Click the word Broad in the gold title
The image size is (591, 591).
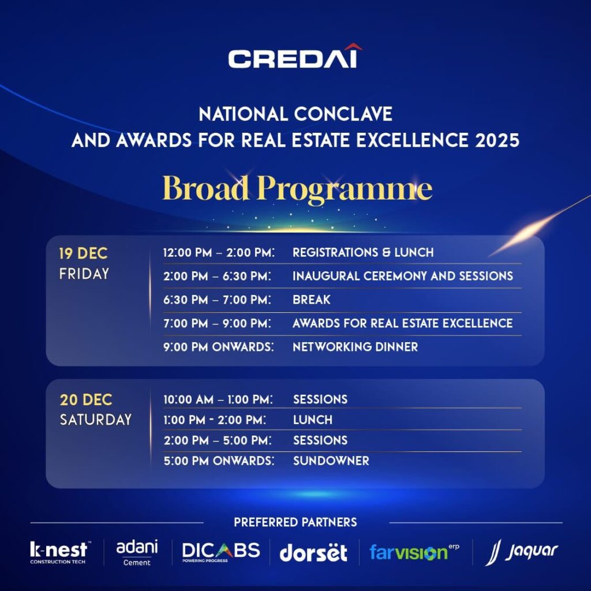coord(206,188)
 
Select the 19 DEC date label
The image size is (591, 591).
coord(83,253)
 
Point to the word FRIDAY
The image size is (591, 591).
coord(84,274)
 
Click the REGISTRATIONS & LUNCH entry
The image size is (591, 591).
coord(363,252)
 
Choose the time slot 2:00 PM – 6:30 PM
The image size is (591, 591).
coord(217,276)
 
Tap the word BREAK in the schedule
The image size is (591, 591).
coord(311,300)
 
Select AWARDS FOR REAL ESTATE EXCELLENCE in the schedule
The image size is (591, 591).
coord(402,323)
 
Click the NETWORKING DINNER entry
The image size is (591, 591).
coord(355,347)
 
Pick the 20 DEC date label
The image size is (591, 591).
coord(86,400)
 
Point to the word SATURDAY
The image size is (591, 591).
coord(96,420)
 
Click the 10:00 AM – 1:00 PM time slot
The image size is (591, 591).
coord(218,399)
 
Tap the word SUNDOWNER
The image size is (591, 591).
coord(331,461)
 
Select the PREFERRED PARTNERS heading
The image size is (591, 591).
coord(295,522)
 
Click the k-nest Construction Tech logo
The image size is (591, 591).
coord(60,552)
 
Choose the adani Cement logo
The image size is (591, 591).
coord(137,552)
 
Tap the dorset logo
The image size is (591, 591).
coord(313,553)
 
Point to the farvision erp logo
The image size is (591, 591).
coord(414,552)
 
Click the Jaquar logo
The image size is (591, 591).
coord(522,552)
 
